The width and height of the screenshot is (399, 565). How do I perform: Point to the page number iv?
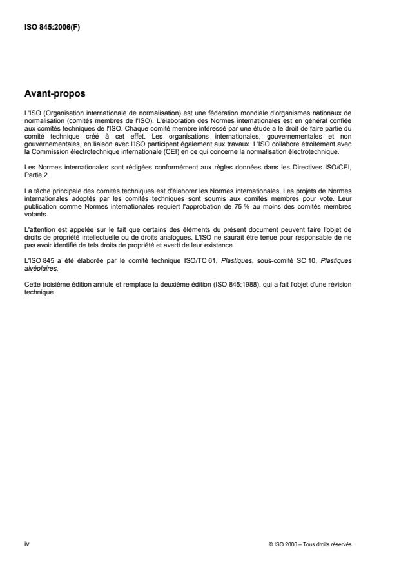click(x=26, y=544)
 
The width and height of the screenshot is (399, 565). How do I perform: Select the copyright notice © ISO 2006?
click(x=286, y=545)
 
